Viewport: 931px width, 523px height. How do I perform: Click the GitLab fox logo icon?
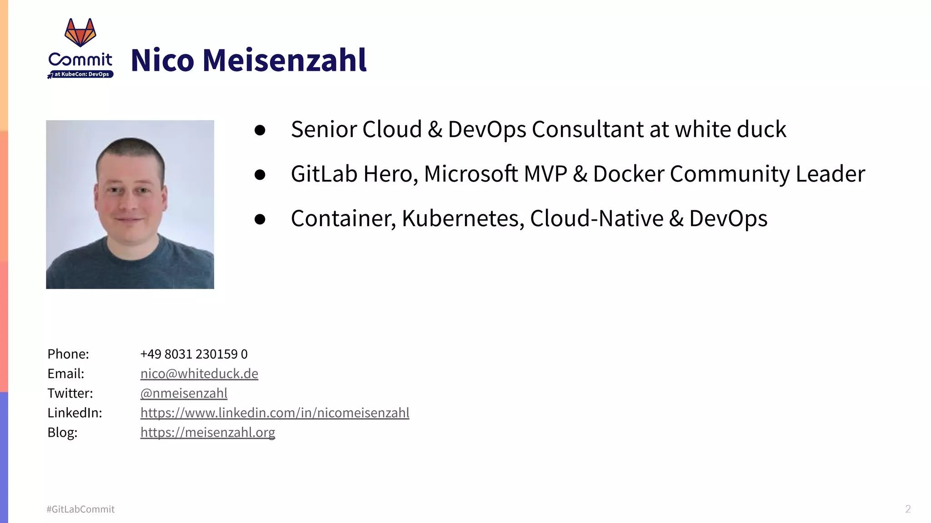(80, 33)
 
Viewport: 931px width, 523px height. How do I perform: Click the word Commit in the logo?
(80, 59)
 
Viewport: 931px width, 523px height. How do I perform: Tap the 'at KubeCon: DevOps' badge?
(81, 74)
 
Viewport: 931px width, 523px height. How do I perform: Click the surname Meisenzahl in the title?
(285, 60)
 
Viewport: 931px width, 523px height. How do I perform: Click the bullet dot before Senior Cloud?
(260, 131)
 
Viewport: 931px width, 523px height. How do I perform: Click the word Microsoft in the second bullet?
(471, 174)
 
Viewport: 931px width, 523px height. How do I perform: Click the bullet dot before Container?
(260, 220)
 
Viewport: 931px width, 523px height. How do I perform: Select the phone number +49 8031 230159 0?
(194, 354)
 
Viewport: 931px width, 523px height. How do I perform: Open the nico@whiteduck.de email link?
(199, 374)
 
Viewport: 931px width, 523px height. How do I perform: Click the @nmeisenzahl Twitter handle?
(184, 393)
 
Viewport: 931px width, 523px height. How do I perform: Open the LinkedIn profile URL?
(275, 413)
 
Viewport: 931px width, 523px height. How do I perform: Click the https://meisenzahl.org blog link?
(208, 432)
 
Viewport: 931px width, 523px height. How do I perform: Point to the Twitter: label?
(70, 393)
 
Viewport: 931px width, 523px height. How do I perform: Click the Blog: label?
(62, 432)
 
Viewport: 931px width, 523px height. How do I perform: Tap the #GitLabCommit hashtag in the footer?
(80, 509)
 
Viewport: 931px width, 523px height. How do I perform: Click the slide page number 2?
(908, 509)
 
